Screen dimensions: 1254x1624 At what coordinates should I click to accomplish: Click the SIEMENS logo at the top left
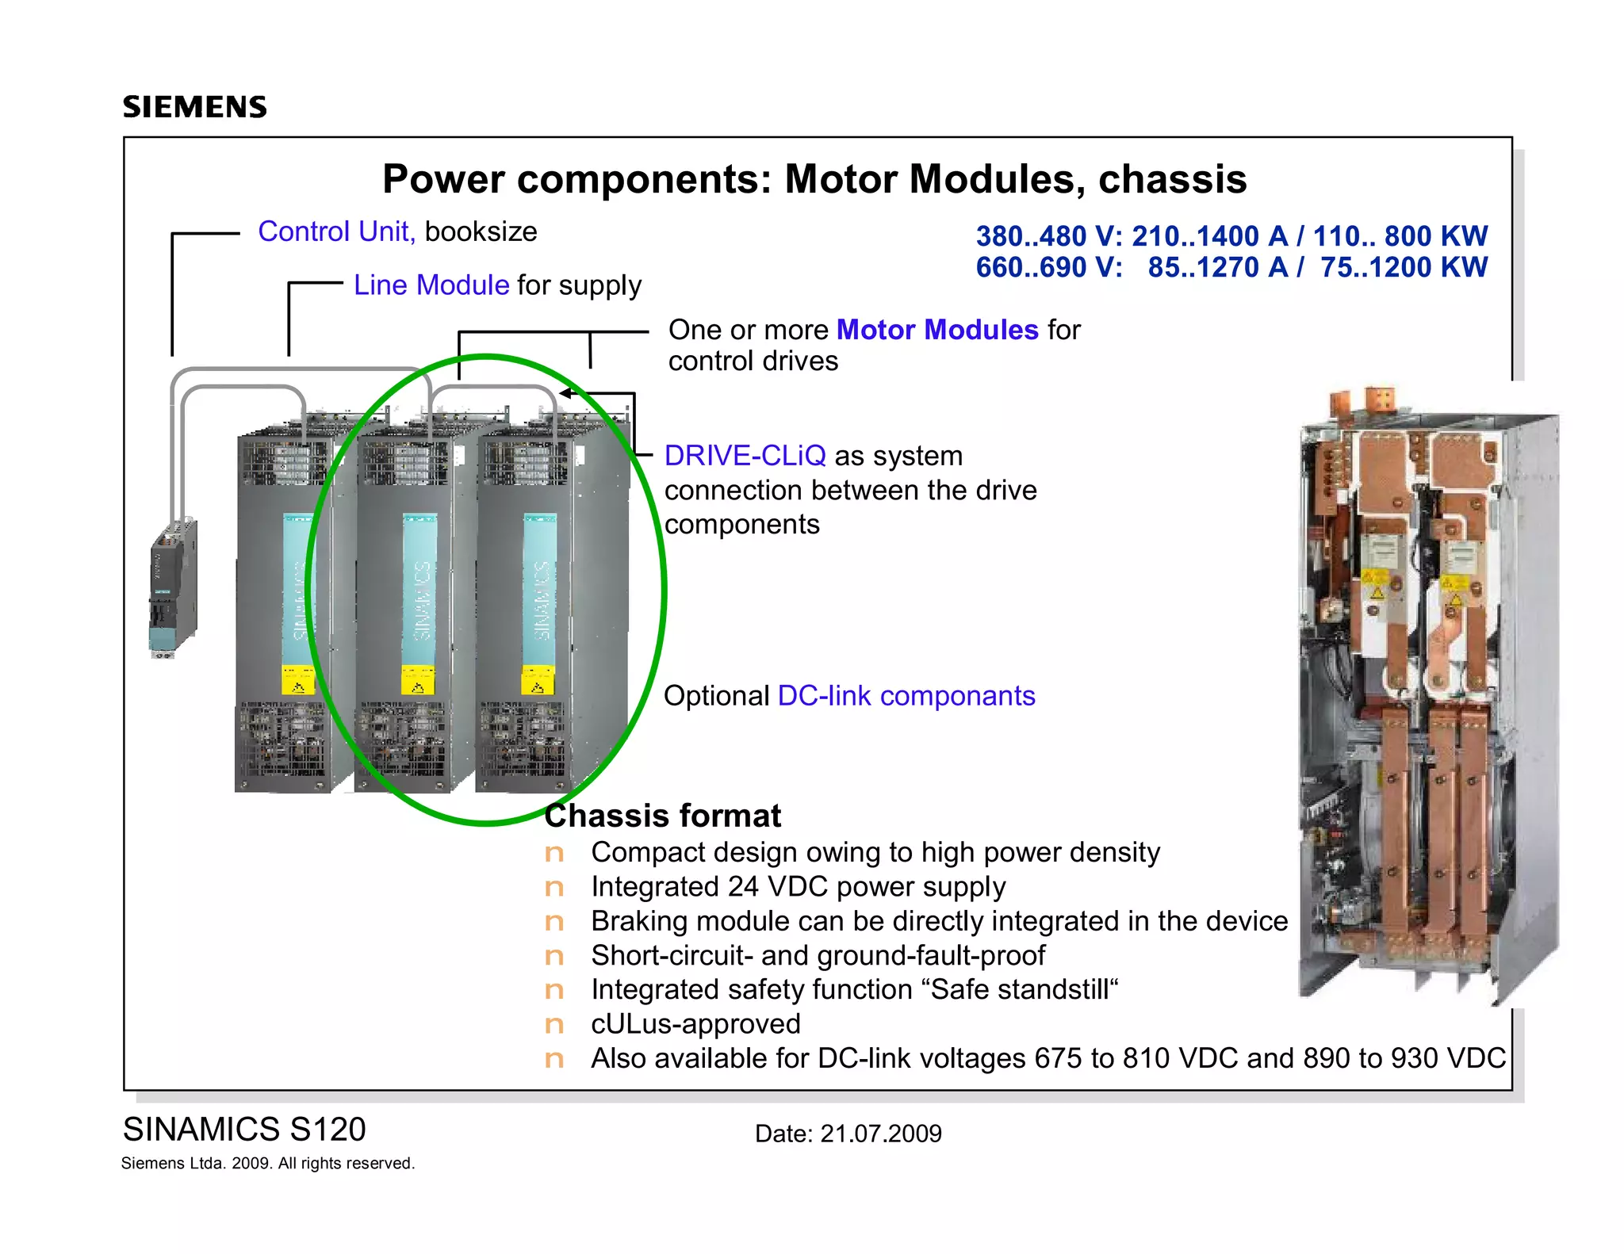195,107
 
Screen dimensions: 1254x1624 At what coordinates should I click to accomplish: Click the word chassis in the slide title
1172,179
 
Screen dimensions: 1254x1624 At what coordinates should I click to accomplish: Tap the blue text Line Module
431,285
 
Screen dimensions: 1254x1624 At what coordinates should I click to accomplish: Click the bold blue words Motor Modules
936,330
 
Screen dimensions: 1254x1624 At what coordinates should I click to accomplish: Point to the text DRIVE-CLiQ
745,456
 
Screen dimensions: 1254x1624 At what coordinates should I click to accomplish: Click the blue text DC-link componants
906,696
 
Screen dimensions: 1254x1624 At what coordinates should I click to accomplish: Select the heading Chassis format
663,816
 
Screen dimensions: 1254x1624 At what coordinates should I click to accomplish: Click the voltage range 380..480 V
1048,236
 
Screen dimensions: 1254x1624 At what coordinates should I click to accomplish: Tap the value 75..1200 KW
1404,268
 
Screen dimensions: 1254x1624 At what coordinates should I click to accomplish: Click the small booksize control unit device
173,588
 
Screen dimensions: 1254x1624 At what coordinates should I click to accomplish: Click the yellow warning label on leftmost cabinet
297,680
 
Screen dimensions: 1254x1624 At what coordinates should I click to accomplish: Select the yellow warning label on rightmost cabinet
538,680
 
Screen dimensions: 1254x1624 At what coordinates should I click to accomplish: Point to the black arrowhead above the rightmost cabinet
565,392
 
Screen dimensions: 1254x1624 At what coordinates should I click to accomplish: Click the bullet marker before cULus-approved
554,1025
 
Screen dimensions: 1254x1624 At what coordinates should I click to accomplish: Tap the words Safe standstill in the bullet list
1019,990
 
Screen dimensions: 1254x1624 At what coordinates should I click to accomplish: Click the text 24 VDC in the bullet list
777,887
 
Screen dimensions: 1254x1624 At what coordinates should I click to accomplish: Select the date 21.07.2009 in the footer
880,1134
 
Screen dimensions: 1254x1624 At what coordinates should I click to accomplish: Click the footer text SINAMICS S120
244,1130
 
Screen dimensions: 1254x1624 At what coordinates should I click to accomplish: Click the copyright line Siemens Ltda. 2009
267,1164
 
